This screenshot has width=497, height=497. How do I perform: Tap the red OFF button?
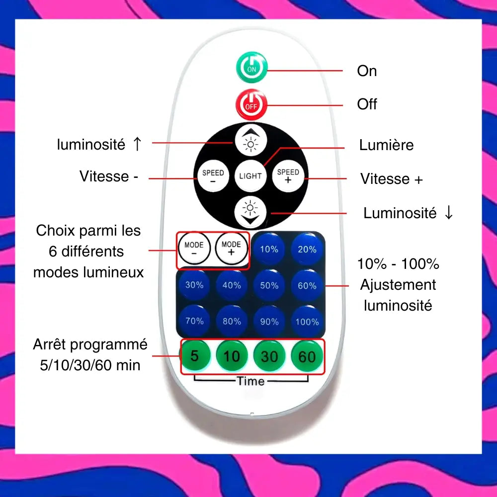click(251, 104)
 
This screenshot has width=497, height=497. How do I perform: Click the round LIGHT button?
click(250, 176)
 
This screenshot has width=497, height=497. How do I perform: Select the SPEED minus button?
click(213, 176)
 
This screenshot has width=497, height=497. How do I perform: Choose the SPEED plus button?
click(288, 176)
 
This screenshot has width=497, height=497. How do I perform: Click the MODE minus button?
click(194, 248)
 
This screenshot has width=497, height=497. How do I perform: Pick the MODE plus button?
click(231, 248)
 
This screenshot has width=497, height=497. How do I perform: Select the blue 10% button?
click(269, 249)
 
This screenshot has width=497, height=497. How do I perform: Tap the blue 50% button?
click(269, 285)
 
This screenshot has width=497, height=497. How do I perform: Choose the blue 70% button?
click(194, 321)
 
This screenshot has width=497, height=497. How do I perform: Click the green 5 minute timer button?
click(194, 356)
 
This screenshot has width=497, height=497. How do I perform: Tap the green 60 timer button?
click(307, 356)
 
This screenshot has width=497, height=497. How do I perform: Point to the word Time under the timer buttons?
click(251, 381)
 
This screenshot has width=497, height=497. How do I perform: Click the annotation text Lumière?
click(386, 145)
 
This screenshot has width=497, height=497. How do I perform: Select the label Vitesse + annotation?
click(391, 179)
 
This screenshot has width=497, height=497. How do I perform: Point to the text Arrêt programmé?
click(90, 344)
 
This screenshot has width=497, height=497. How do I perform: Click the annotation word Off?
click(367, 104)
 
